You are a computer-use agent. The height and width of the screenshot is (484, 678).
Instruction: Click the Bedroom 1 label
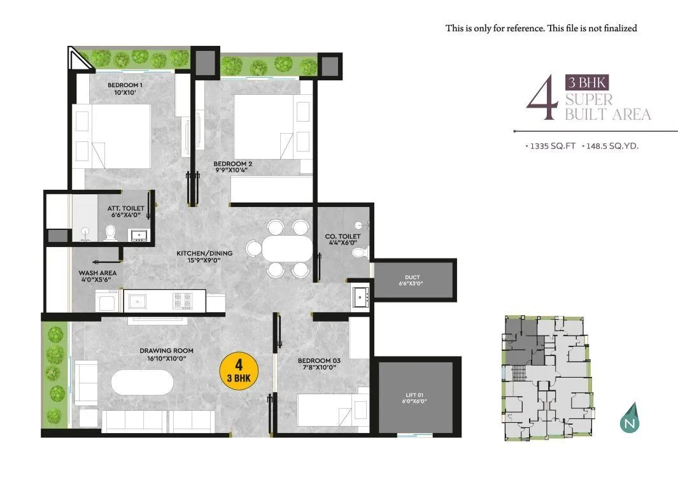click(124, 85)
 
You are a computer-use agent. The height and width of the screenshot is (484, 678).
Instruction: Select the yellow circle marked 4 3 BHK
click(239, 369)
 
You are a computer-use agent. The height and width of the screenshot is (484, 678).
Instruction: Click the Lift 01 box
click(416, 397)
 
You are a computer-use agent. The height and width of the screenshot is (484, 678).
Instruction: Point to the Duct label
click(413, 278)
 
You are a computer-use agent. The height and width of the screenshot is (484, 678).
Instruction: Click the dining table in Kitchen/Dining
click(288, 248)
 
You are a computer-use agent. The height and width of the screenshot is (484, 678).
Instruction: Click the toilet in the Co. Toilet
click(360, 254)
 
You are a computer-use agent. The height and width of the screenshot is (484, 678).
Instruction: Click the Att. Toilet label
click(125, 208)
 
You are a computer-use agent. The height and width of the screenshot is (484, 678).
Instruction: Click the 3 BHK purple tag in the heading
click(587, 82)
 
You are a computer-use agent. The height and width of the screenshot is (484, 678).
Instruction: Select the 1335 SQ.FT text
click(551, 146)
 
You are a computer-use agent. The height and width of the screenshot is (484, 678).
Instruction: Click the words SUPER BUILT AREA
click(607, 107)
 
